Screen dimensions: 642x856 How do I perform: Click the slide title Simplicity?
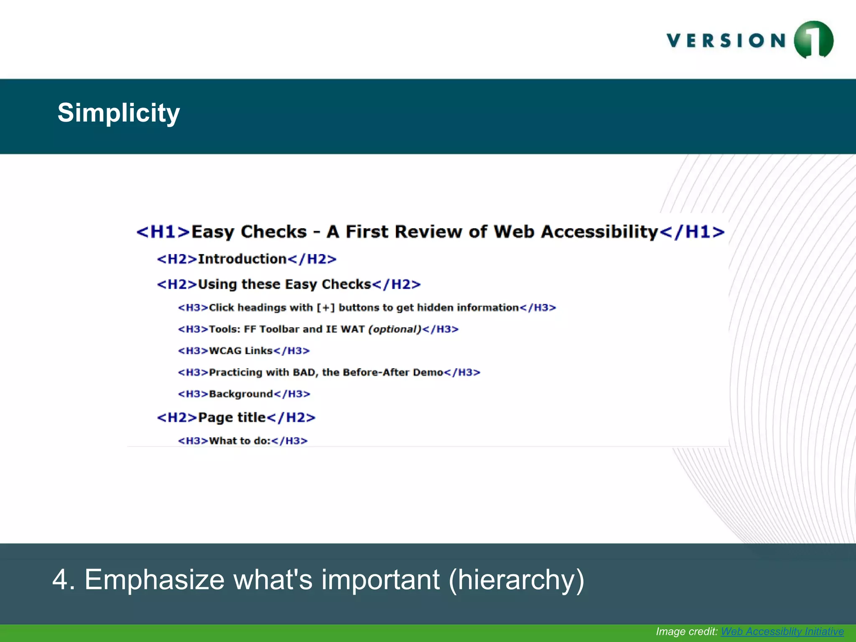[119, 113]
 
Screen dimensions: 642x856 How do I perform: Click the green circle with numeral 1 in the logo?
[813, 40]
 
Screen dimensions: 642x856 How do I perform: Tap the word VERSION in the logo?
[726, 41]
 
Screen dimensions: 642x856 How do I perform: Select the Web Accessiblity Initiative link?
[782, 631]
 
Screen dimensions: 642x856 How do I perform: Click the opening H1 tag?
[163, 232]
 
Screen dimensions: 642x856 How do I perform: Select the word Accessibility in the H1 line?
[599, 232]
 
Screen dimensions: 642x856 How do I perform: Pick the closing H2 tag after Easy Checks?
[396, 285]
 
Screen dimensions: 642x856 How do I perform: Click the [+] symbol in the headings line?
[326, 308]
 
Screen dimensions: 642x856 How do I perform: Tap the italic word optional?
[395, 329]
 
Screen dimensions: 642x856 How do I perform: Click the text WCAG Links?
[241, 351]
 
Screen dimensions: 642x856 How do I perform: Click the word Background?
[241, 394]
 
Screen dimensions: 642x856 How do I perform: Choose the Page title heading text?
[232, 417]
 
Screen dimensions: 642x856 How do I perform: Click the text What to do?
[240, 441]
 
